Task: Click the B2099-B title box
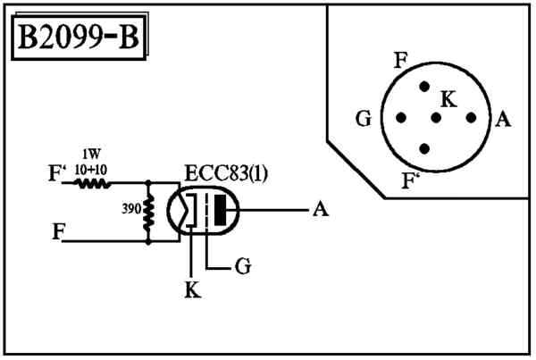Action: [79, 38]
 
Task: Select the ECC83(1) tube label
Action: [226, 173]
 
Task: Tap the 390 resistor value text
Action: [131, 208]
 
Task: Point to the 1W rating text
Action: [91, 155]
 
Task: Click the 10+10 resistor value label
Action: [91, 170]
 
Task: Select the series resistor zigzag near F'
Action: [93, 184]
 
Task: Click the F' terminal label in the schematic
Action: [55, 173]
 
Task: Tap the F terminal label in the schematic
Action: [58, 230]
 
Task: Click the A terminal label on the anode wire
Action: [321, 208]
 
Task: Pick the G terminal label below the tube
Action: [243, 265]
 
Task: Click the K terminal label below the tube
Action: [192, 289]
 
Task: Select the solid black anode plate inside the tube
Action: [220, 210]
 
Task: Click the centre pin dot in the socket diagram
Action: [436, 118]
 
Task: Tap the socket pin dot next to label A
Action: [471, 118]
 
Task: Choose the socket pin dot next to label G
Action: [401, 118]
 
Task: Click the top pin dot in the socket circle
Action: [424, 87]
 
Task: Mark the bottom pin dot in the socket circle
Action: [424, 148]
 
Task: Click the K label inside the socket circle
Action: [448, 99]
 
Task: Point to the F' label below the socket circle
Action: [410, 180]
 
